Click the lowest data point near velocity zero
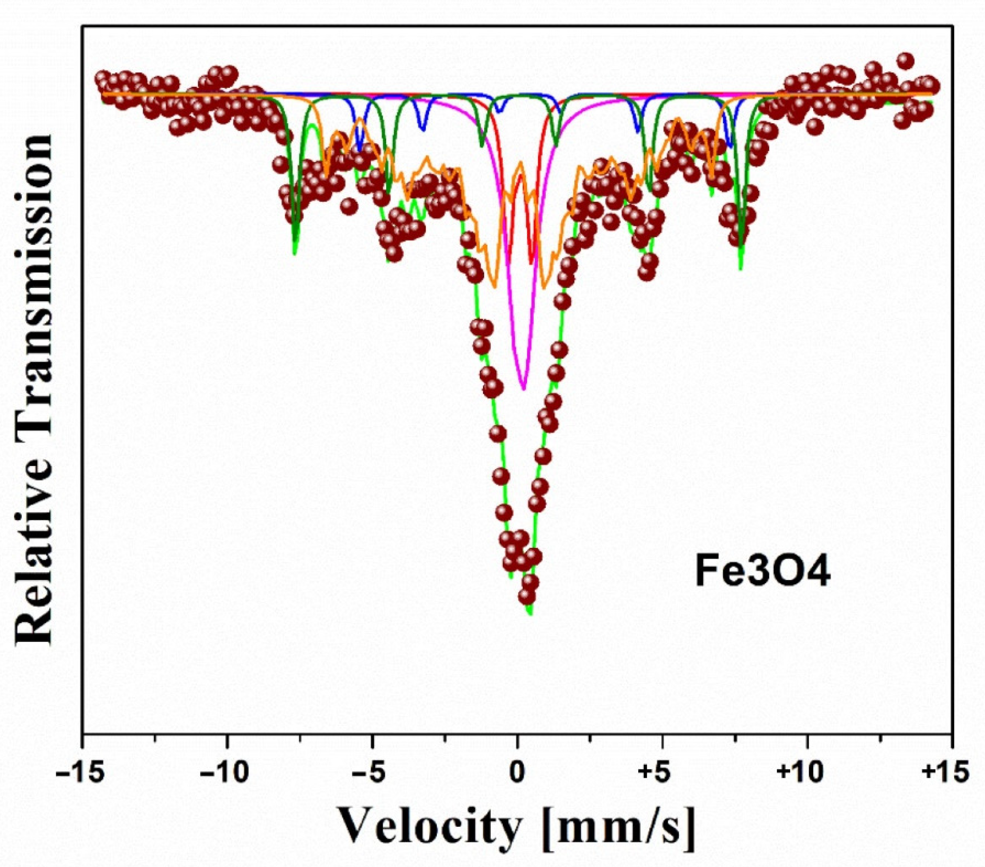528,597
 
